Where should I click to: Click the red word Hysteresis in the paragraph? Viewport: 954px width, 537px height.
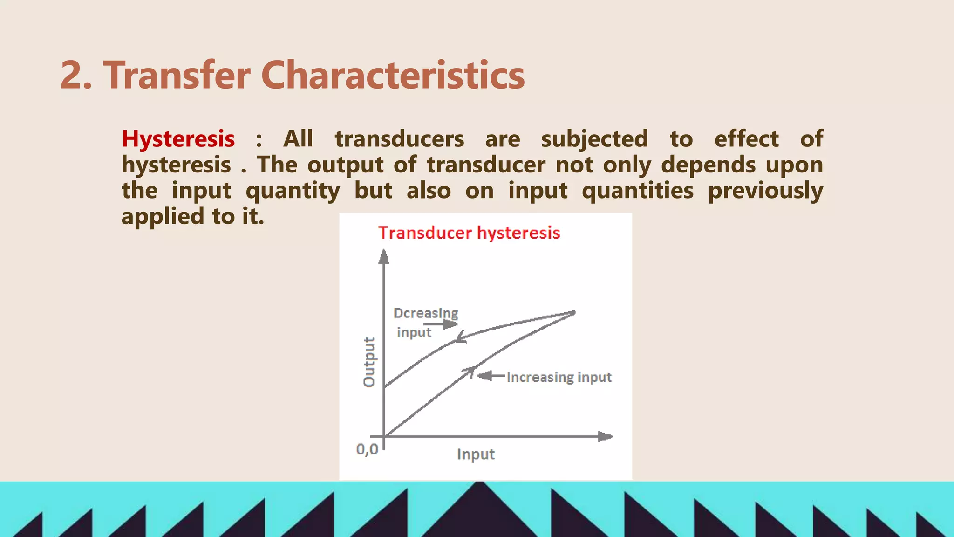[178, 139]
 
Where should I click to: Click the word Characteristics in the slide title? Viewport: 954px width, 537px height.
[393, 76]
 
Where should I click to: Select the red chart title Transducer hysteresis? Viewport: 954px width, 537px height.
[469, 233]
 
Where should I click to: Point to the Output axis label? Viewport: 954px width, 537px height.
[369, 362]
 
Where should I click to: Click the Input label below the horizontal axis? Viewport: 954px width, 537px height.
[476, 454]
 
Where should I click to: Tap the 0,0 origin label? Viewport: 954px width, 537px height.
[367, 449]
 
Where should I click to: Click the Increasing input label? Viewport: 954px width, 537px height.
[559, 377]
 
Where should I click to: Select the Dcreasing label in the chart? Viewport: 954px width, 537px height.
[426, 313]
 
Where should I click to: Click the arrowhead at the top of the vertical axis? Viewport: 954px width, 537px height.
[384, 256]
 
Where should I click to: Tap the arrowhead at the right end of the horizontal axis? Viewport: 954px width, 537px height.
[605, 437]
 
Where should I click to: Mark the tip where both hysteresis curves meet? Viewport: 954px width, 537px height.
[575, 312]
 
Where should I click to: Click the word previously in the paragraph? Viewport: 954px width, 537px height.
[765, 191]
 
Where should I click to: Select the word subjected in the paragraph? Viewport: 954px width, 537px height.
[594, 139]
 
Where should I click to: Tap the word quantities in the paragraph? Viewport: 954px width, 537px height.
[638, 191]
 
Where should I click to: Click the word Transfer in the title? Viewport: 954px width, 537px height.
[177, 76]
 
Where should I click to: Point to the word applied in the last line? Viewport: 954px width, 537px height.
[163, 216]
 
